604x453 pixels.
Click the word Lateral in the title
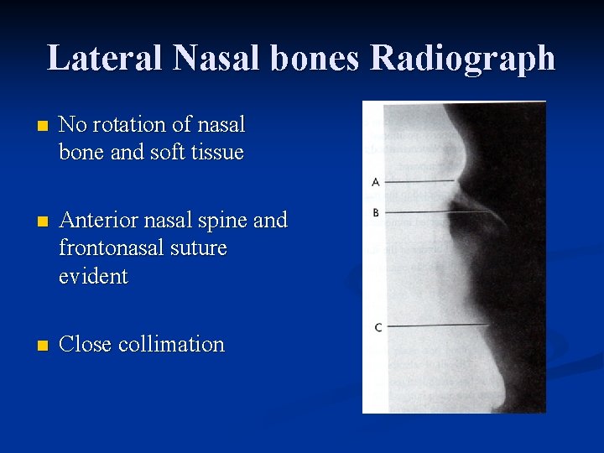[105, 58]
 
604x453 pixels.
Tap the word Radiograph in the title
[462, 58]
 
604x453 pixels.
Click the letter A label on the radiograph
[376, 181]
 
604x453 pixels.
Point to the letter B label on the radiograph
[376, 213]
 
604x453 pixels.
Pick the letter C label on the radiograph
[377, 326]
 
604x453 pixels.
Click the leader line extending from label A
[419, 181]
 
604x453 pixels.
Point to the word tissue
[216, 153]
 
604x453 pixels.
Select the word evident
[93, 277]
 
